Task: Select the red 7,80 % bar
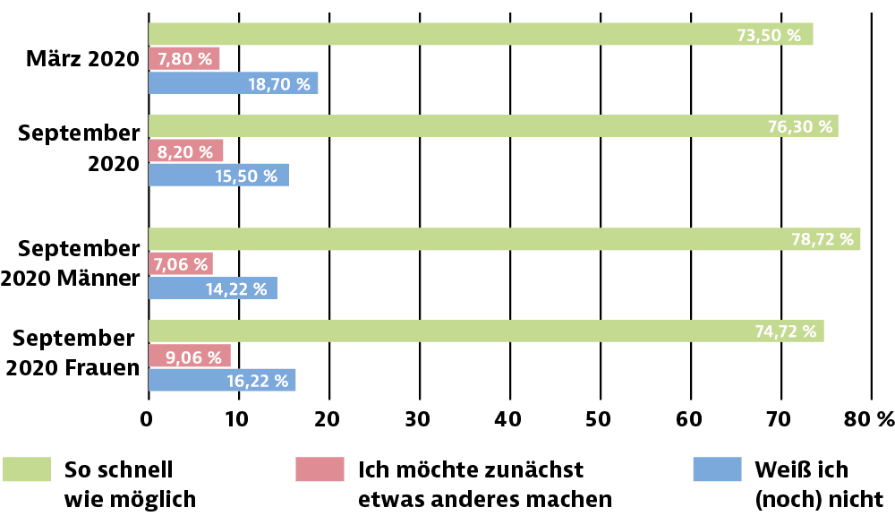(183, 59)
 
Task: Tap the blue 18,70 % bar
(233, 83)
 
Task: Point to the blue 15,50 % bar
(217, 175)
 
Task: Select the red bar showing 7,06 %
(180, 263)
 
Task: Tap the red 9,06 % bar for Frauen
(189, 356)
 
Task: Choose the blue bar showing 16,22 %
(221, 380)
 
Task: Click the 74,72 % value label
(786, 331)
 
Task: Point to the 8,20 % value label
(185, 151)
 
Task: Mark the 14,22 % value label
(237, 288)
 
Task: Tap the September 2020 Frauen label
(76, 353)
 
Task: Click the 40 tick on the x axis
(509, 418)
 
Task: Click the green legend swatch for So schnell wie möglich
(27, 469)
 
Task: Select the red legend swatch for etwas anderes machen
(319, 469)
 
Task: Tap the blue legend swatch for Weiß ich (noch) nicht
(718, 469)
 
